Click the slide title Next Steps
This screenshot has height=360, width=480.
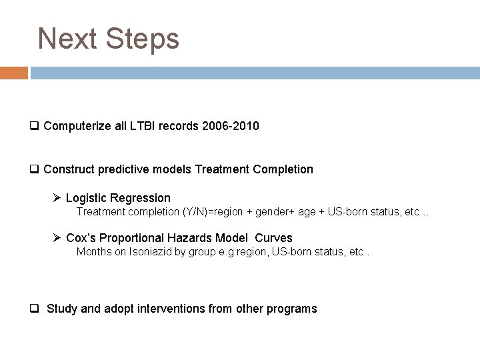click(109, 39)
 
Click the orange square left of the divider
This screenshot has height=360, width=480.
click(14, 73)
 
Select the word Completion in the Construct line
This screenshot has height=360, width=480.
click(283, 169)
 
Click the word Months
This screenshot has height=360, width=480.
click(94, 252)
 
